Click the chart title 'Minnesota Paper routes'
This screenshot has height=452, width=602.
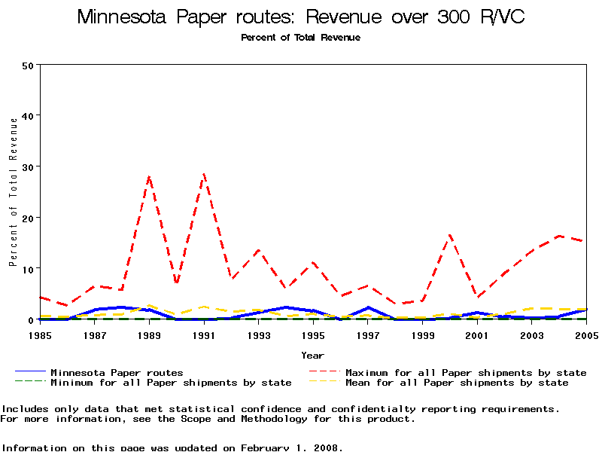(x=301, y=17)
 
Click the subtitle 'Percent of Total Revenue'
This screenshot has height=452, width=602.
(x=300, y=38)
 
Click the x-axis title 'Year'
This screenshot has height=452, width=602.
(x=312, y=355)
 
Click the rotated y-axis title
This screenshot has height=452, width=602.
(x=13, y=191)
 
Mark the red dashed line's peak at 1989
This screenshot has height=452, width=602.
(x=149, y=177)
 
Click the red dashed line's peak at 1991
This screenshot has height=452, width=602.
(x=204, y=174)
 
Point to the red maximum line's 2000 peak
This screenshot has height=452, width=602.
(x=449, y=235)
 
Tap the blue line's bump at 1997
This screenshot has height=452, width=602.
(x=368, y=307)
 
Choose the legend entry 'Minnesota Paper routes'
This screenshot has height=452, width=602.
(x=117, y=372)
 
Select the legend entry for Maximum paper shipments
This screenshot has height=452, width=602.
(x=466, y=372)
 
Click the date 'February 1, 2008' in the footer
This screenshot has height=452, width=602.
(x=291, y=447)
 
